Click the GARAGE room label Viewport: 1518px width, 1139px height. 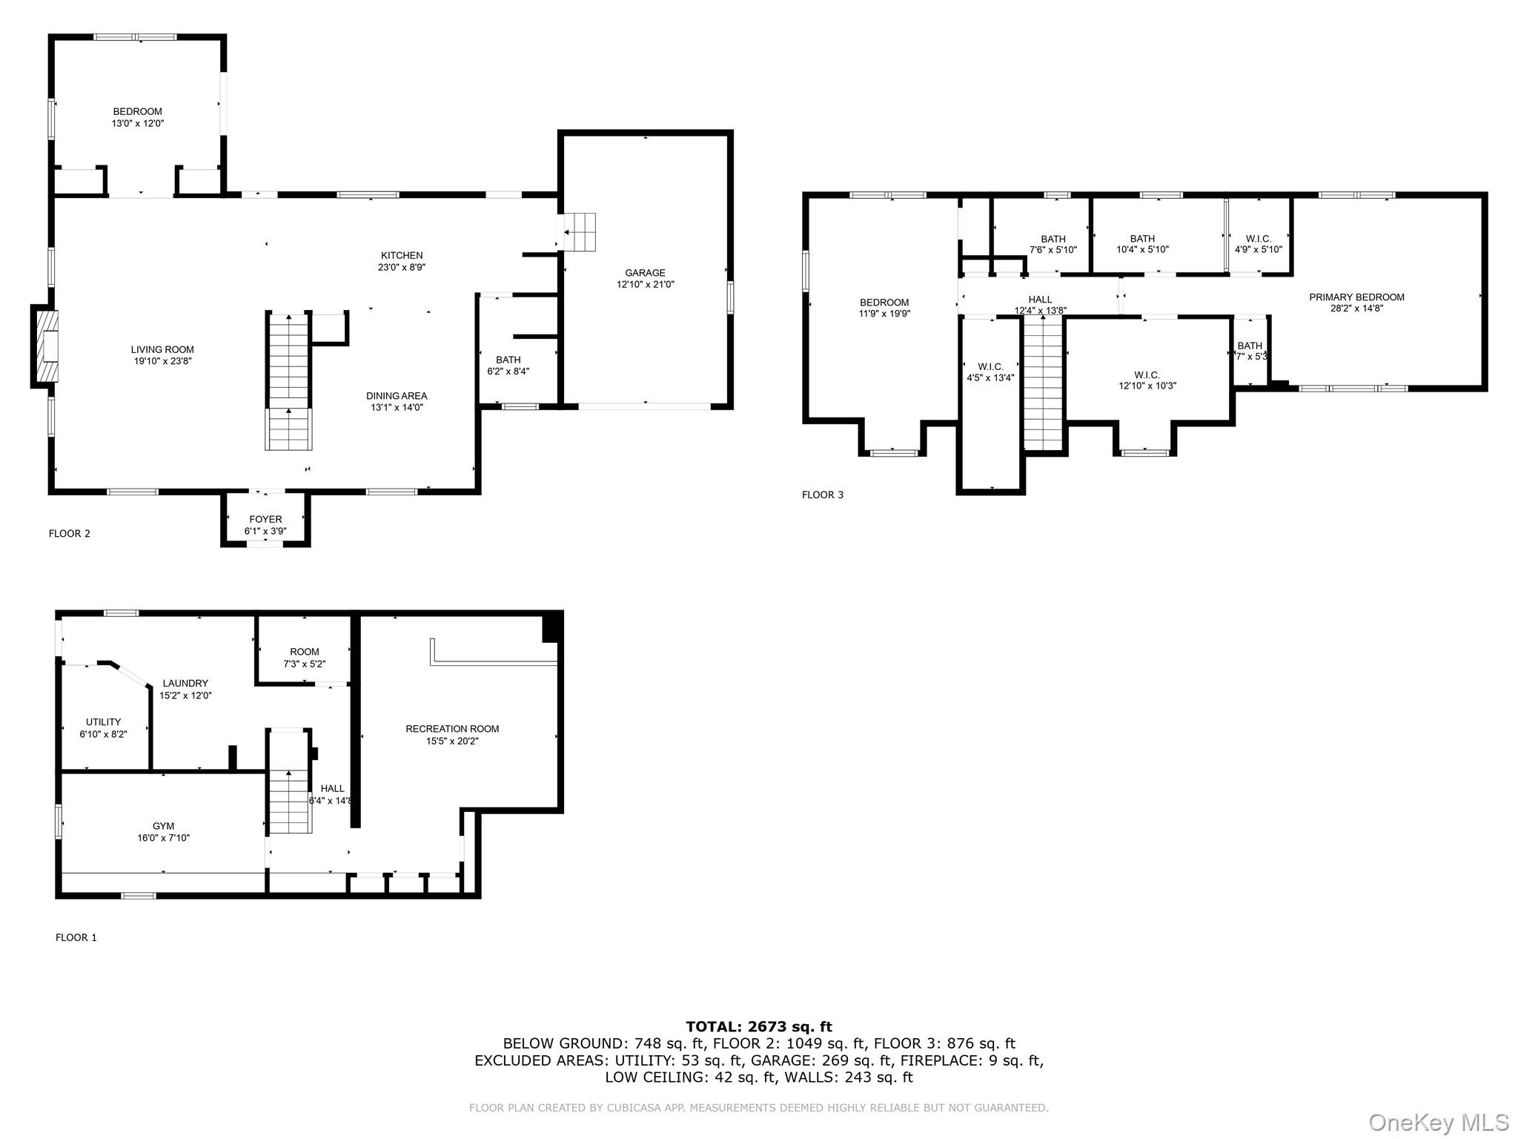[645, 274]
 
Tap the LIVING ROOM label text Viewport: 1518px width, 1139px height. [162, 350]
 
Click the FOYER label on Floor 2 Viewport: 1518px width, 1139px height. [265, 520]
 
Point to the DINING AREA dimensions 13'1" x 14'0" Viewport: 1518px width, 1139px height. [397, 408]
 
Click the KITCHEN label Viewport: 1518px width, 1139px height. [402, 256]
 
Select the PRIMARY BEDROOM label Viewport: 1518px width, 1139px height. [1356, 297]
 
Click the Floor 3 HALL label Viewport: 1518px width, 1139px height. [1040, 300]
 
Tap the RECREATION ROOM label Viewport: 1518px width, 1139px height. [452, 729]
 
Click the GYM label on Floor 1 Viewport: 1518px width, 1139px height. [163, 826]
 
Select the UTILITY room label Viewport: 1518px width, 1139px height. [103, 722]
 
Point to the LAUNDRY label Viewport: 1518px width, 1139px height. [185, 684]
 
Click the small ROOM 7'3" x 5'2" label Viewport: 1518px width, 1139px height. [305, 653]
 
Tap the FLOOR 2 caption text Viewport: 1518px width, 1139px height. [70, 534]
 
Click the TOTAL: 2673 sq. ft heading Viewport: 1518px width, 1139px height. [758, 1027]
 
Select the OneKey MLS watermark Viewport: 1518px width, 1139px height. [1438, 1122]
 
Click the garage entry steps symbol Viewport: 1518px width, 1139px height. [580, 232]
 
